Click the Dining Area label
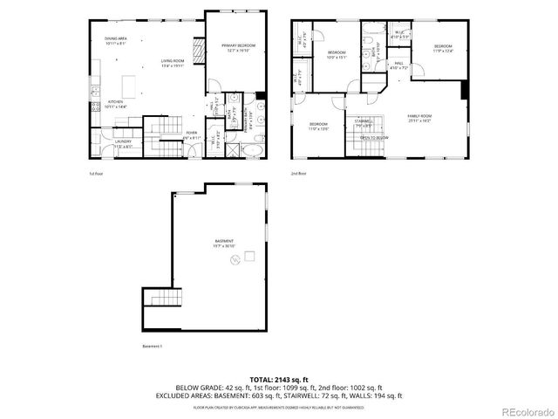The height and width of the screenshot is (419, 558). (117, 39)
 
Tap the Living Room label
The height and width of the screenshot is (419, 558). (172, 62)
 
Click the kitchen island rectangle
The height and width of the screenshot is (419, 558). (130, 85)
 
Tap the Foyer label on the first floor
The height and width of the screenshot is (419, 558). (192, 134)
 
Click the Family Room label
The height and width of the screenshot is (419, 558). (419, 118)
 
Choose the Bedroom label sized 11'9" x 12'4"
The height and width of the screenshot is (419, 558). (444, 48)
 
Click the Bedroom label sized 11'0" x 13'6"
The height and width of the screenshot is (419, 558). (318, 126)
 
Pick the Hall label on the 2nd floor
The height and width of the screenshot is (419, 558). (398, 64)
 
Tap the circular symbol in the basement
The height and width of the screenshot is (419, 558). (234, 261)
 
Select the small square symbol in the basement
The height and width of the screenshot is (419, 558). (249, 256)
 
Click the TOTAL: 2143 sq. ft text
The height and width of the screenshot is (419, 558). (278, 380)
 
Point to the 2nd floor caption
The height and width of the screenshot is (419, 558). (300, 174)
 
